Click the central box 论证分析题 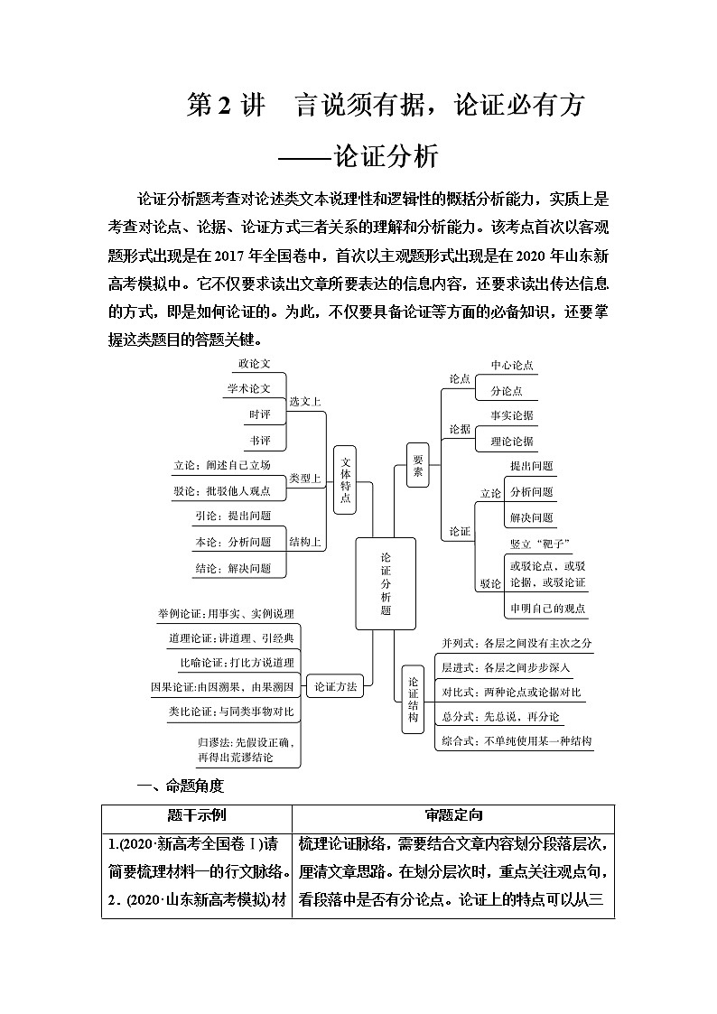(386, 583)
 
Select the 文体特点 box (346, 479)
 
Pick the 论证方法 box (335, 687)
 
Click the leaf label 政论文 (254, 364)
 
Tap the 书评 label (259, 440)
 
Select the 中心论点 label (512, 366)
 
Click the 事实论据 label (512, 415)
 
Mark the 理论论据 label (512, 441)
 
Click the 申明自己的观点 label (547, 608)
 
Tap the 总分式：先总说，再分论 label (500, 717)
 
